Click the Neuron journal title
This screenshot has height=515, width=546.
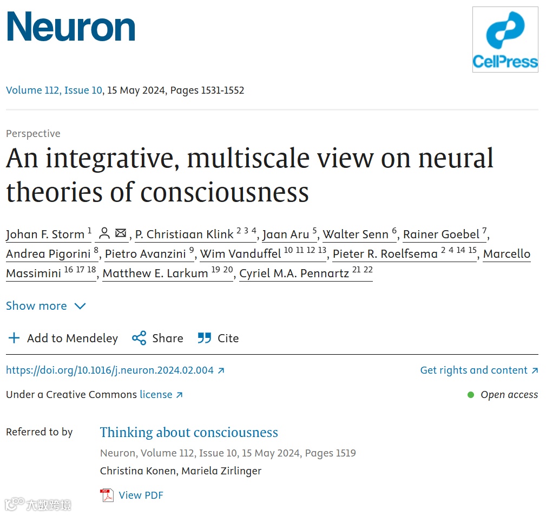coord(70,27)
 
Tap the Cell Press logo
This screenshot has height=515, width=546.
coord(505,39)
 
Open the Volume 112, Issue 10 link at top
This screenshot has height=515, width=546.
coord(54,90)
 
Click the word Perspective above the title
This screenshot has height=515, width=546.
coord(33,133)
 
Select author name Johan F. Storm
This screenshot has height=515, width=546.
coord(45,234)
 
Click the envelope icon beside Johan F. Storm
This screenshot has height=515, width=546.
coord(121,233)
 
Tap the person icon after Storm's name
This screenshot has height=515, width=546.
coord(104,233)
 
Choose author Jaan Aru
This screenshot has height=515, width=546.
coord(285,234)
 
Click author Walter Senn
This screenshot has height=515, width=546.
coord(356,234)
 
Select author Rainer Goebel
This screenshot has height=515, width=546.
coord(441,234)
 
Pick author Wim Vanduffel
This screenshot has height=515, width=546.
coord(240,253)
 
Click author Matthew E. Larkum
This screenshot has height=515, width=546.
coord(155,273)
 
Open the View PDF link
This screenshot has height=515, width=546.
coord(140,495)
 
